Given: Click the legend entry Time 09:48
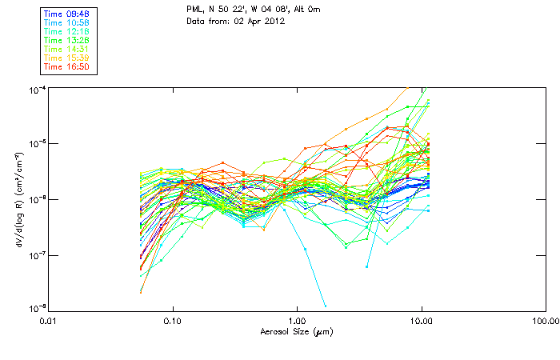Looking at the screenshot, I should [68, 14].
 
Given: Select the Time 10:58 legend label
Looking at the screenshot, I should [68, 22].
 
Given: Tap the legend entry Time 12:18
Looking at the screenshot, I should [68, 31].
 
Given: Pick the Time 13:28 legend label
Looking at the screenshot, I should [68, 40].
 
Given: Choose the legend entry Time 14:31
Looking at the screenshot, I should [68, 50].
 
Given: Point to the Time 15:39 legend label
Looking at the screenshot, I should [68, 58].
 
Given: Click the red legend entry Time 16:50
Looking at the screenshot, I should [68, 67].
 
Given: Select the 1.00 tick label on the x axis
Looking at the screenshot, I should [298, 321].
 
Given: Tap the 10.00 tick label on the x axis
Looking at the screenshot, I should [422, 321].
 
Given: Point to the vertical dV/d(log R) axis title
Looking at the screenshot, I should [18, 198].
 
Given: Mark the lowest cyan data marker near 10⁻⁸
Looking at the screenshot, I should [326, 306].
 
